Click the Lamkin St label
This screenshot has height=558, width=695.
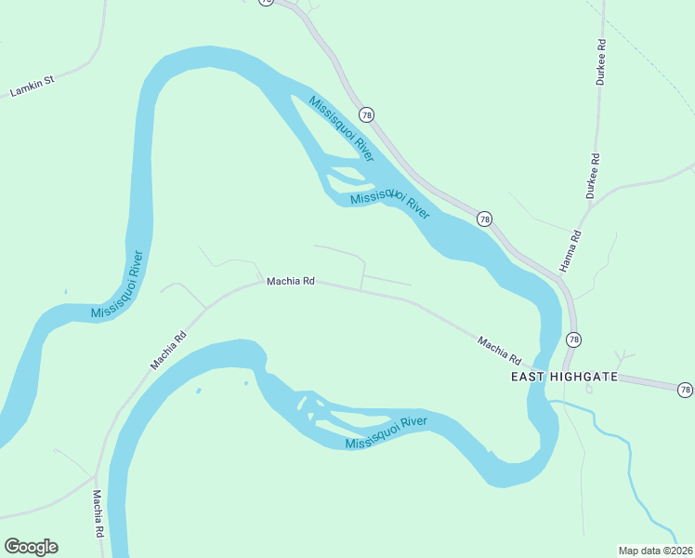(x=33, y=86)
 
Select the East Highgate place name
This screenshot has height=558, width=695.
(x=563, y=377)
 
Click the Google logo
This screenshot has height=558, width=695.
(x=31, y=547)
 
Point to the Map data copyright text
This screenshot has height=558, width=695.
(x=655, y=551)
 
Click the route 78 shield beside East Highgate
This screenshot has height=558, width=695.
(x=573, y=339)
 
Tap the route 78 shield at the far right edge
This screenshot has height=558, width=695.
(x=685, y=389)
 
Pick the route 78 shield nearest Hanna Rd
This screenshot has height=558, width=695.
(x=484, y=219)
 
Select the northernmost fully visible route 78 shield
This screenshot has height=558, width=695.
(x=367, y=114)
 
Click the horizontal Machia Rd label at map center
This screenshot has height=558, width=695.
(x=291, y=281)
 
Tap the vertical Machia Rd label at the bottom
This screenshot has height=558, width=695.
(x=97, y=515)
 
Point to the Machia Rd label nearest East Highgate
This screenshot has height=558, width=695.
(x=500, y=350)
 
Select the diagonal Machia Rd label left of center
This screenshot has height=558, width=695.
(x=168, y=346)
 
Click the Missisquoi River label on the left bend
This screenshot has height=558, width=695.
(x=118, y=285)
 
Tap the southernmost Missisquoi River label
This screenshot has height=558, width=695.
(x=386, y=433)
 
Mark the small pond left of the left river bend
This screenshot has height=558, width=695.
(x=66, y=292)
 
